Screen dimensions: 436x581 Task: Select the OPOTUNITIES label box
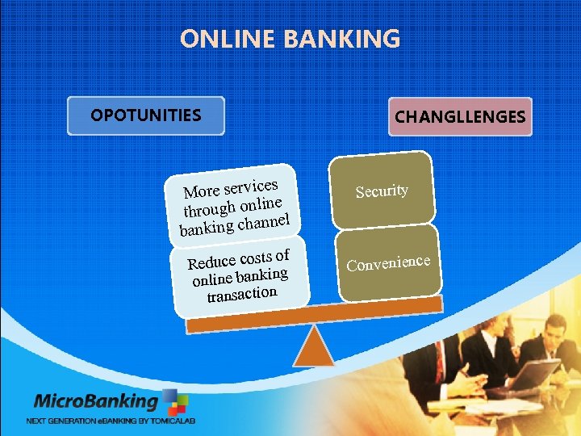pos(146,115)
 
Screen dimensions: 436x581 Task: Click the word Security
pos(382,191)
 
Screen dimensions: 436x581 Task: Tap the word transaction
pos(241,293)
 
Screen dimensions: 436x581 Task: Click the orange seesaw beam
pos(314,314)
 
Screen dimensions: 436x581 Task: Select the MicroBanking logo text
pos(96,400)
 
